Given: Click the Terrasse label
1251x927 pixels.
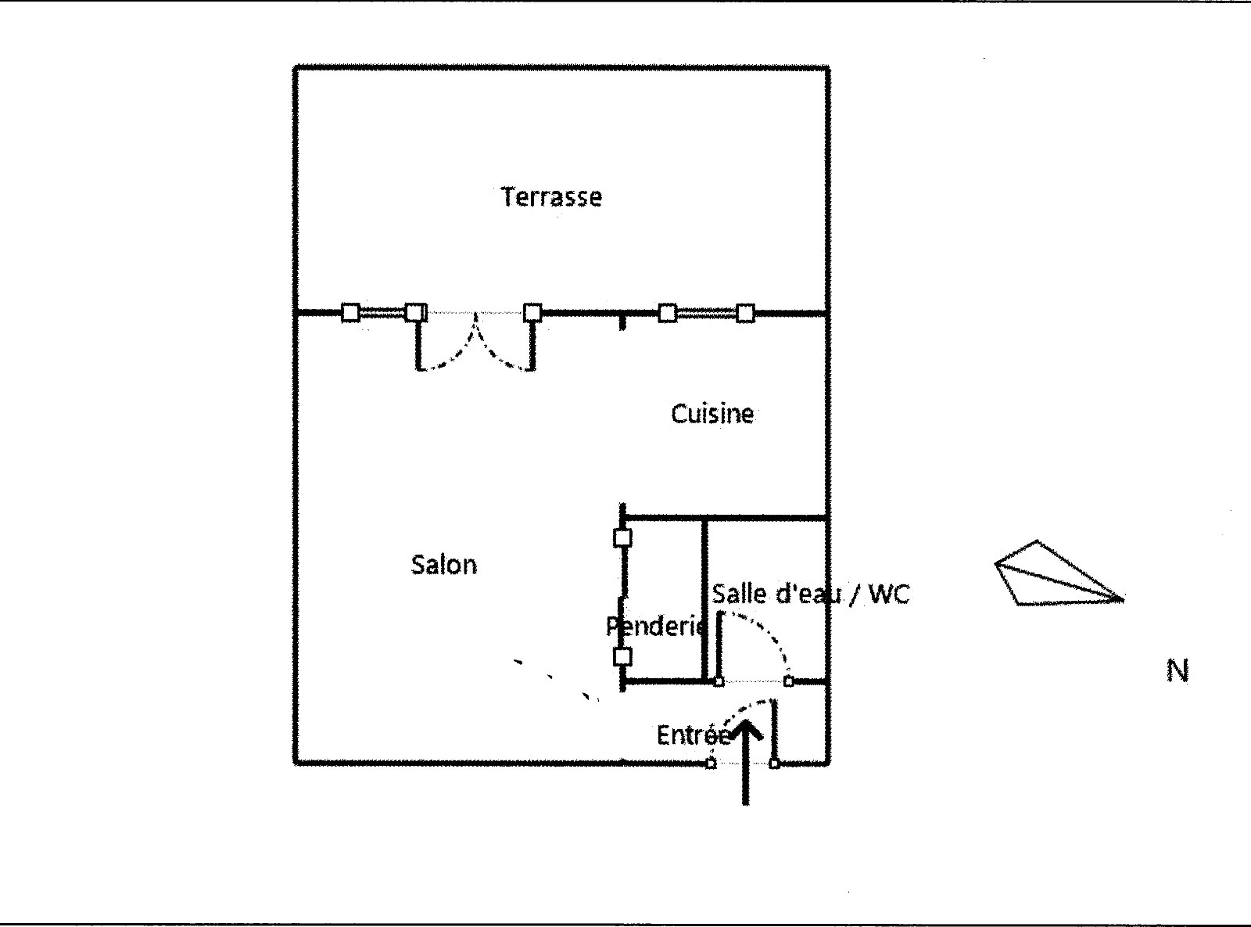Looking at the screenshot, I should tap(551, 196).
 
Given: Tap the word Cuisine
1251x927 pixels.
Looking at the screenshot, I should tap(712, 414).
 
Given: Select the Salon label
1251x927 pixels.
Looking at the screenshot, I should tap(443, 565).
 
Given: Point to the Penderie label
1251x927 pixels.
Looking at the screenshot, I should tap(656, 626).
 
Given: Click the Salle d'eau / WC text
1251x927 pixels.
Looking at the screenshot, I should tap(811, 595).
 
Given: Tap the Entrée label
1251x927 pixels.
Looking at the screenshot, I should tap(693, 735).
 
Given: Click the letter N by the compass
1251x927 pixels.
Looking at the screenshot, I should tap(1178, 670).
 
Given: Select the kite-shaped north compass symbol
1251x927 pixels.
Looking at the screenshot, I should tap(1052, 576).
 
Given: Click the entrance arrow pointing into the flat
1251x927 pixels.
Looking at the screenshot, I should tap(747, 763).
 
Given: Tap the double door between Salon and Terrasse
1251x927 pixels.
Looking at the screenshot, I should tap(475, 340).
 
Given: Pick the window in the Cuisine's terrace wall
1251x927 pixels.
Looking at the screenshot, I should tap(706, 313).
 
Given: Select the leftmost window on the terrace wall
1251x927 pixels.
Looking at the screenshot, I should tap(383, 313).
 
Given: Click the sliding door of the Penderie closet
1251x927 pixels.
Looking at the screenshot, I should tap(622, 598).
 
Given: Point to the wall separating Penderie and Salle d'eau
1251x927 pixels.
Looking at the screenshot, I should tap(704, 598).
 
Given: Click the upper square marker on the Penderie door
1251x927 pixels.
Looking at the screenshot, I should tap(622, 538).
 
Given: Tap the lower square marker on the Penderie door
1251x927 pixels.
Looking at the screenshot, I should tap(622, 656).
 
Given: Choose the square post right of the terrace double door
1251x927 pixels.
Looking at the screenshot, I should tap(532, 313).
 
